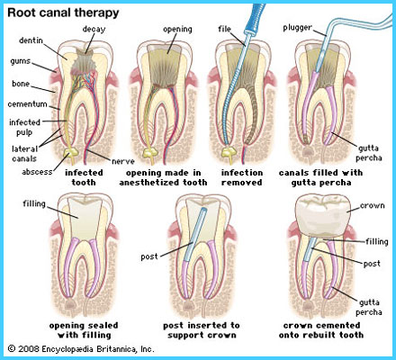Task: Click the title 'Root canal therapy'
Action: click(63, 13)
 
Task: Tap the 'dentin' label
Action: click(31, 40)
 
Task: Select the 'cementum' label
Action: click(27, 104)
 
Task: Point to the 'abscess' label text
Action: click(37, 172)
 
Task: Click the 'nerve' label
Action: click(123, 161)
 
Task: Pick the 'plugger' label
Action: click(297, 28)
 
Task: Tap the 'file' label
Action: click(224, 29)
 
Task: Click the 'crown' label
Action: click(372, 205)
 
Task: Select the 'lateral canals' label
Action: click(24, 154)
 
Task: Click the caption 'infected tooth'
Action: click(84, 177)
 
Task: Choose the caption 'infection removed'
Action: click(242, 177)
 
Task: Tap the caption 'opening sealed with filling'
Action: click(84, 330)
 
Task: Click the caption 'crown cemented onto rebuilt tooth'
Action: click(321, 330)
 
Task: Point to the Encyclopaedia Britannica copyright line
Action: click(81, 349)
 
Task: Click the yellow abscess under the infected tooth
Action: click(71, 153)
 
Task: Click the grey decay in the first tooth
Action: click(85, 60)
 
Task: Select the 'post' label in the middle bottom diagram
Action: click(149, 256)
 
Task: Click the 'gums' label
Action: click(21, 61)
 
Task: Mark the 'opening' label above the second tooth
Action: click(177, 29)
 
